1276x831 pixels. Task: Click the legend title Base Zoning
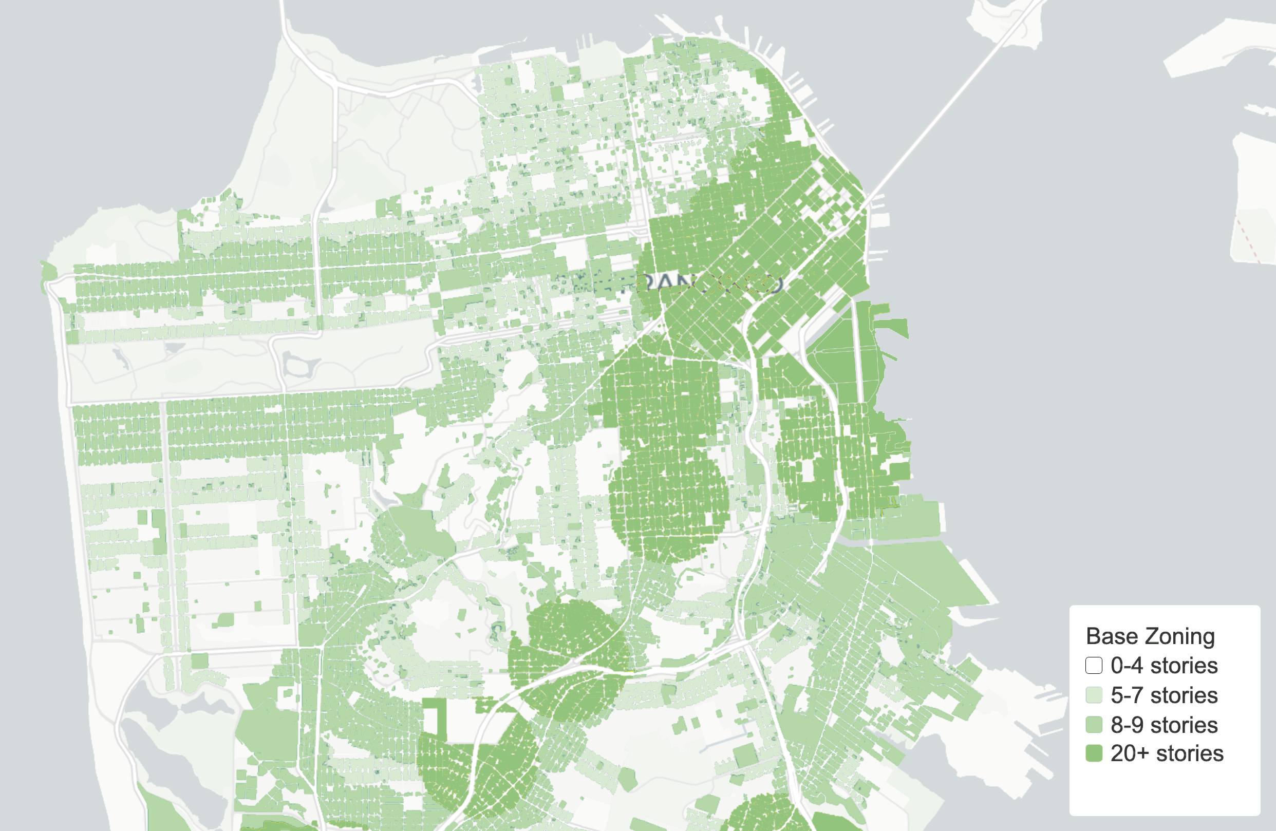(x=1150, y=636)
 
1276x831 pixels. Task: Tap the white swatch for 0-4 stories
(x=1094, y=665)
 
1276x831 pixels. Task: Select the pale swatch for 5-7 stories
(x=1094, y=695)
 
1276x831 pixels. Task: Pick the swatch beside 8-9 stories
(x=1094, y=725)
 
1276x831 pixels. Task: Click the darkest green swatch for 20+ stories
(x=1094, y=753)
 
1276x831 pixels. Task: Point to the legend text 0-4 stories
(x=1164, y=665)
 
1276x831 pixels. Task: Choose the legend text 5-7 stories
(x=1164, y=695)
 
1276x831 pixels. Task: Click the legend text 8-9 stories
(x=1164, y=725)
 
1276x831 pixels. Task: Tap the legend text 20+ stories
(x=1167, y=753)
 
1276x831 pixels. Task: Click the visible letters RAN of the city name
(x=665, y=283)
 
